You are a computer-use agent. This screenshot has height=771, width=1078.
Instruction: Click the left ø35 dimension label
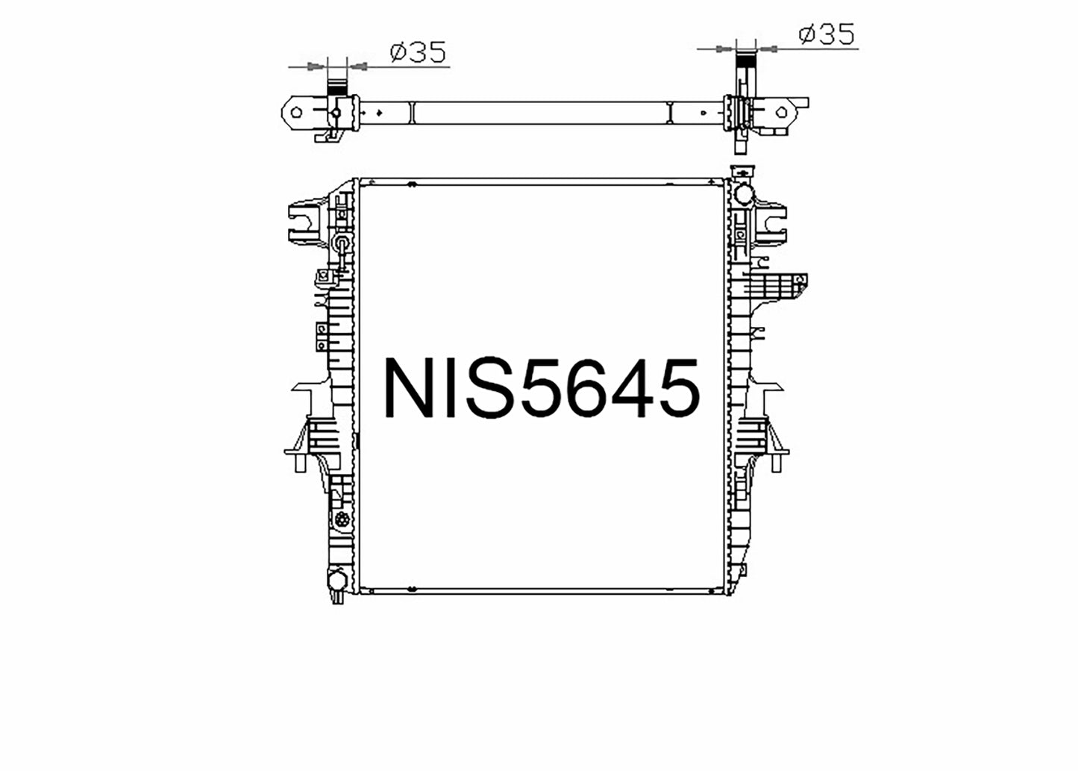coord(419,52)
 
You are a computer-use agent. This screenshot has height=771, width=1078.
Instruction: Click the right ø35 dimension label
coord(827,34)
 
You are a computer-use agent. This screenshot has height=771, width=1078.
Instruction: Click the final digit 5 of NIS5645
coord(679,388)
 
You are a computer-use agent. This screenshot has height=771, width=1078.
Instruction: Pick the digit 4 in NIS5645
coord(633,387)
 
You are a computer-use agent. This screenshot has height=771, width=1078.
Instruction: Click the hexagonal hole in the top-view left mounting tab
coord(296,113)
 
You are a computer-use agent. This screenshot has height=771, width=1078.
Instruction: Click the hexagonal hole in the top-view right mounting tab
coord(782,113)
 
